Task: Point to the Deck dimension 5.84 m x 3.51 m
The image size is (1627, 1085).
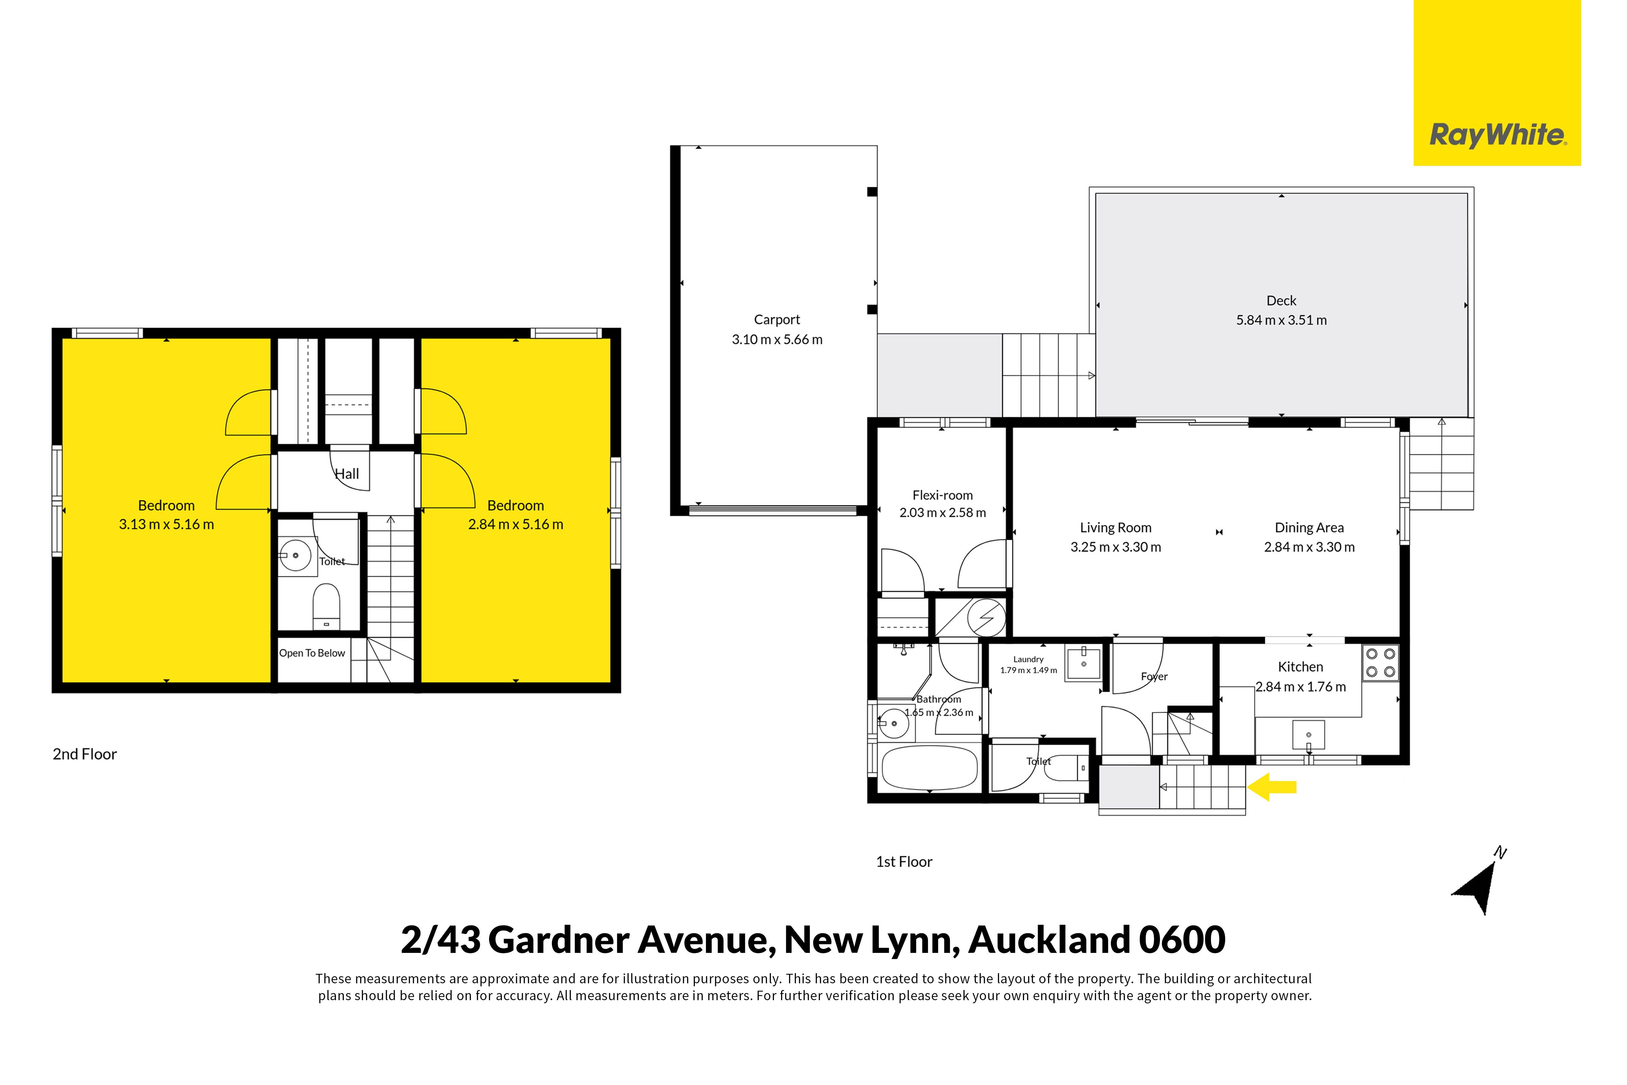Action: [x=1282, y=320]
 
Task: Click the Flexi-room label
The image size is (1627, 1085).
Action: [x=943, y=495]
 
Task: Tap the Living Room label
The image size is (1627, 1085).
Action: [x=1116, y=528]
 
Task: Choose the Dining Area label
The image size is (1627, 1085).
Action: [x=1309, y=528]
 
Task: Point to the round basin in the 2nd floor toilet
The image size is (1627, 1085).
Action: [x=295, y=555]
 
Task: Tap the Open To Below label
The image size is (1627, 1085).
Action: [x=312, y=653]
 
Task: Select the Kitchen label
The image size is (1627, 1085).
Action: [x=1301, y=667]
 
